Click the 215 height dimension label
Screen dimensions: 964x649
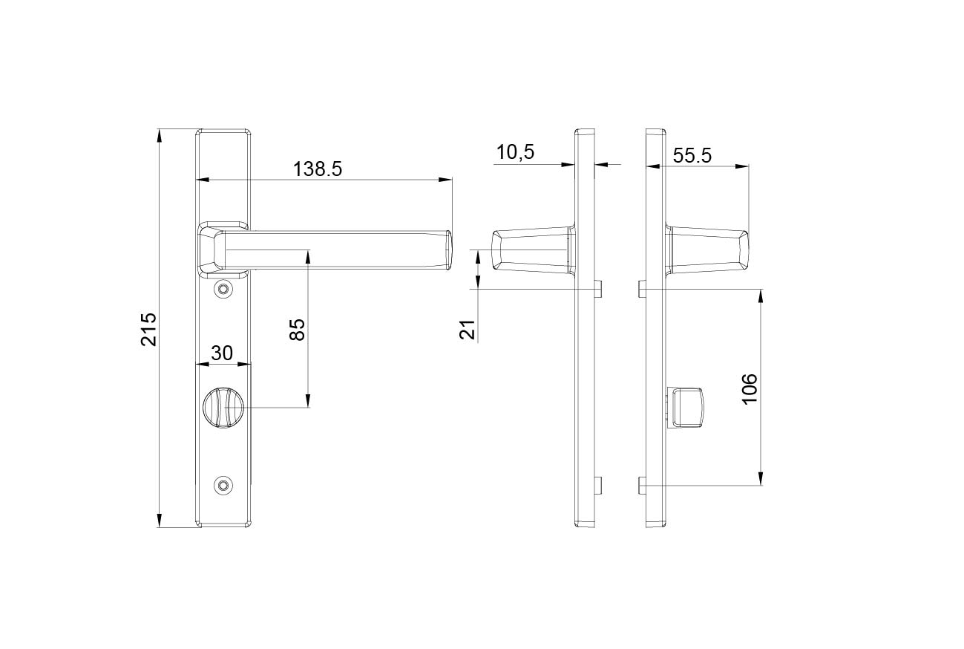click(x=149, y=330)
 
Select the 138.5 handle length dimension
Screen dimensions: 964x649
click(x=318, y=169)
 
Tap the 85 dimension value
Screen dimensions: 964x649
click(x=298, y=330)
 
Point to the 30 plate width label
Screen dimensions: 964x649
click(x=222, y=353)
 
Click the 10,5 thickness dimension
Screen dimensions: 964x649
click(x=515, y=152)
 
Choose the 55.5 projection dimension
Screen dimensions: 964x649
click(x=692, y=155)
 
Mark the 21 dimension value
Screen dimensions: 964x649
click(x=468, y=330)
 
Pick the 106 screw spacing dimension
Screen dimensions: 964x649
click(x=750, y=389)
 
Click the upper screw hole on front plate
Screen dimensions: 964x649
click(x=223, y=289)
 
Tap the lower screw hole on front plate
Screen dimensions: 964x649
click(x=223, y=486)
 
